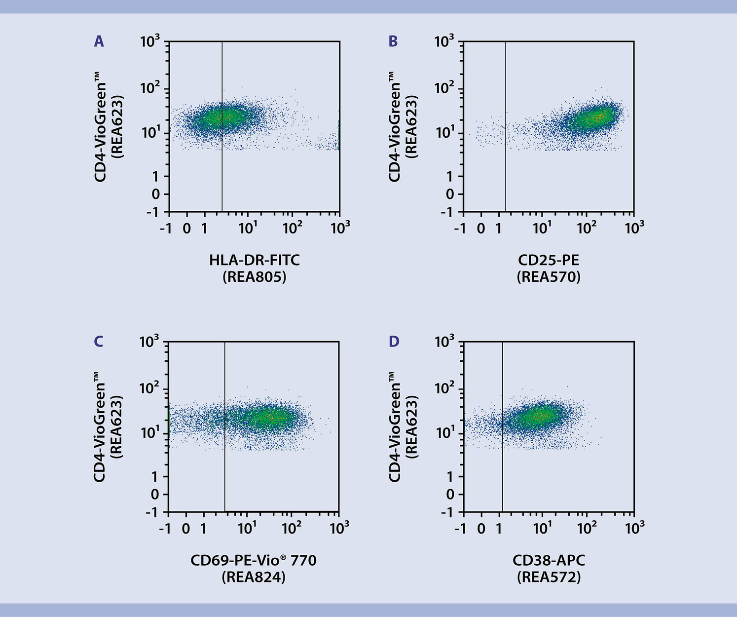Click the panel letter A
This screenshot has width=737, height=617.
[x=99, y=41]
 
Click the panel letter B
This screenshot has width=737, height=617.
[x=393, y=41]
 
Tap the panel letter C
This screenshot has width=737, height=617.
[x=99, y=342]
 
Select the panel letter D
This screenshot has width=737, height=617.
[x=394, y=342]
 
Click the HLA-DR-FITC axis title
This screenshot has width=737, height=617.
[x=254, y=260]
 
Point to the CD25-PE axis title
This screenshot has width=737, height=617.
[x=549, y=260]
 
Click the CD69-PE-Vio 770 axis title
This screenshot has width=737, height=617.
[x=254, y=560]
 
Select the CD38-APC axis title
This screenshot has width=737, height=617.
[x=549, y=560]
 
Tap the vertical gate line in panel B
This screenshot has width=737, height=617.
[x=506, y=173]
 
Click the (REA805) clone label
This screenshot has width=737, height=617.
[x=254, y=277]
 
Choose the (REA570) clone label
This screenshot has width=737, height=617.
[x=549, y=277]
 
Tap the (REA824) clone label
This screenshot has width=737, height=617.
[x=254, y=577]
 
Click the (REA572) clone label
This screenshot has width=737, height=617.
[x=549, y=577]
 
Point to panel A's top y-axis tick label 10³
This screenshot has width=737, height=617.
[x=150, y=42]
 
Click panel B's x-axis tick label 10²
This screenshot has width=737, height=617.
[x=587, y=228]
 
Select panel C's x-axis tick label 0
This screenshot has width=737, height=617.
[x=186, y=529]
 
